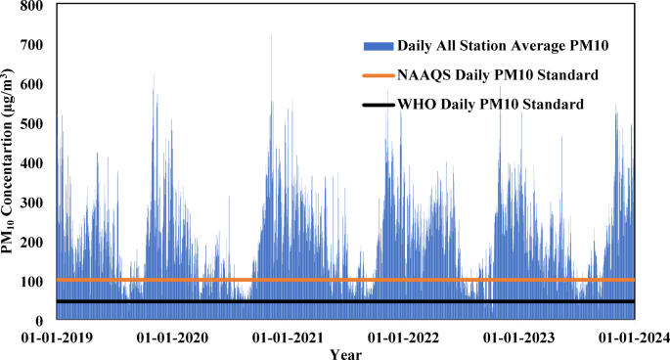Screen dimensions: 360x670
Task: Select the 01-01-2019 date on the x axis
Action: (x=56, y=338)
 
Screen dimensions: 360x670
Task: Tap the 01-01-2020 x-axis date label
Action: (x=170, y=338)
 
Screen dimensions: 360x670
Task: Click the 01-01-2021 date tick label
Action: (x=287, y=338)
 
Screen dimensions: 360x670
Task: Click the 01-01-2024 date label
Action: (x=633, y=338)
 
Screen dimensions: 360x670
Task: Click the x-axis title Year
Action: (x=345, y=353)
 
